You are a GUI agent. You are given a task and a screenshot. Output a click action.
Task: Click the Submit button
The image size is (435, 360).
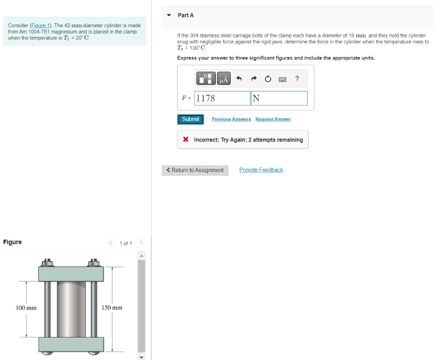click(x=190, y=119)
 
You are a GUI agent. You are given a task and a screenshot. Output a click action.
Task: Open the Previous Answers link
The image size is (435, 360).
click(x=231, y=119)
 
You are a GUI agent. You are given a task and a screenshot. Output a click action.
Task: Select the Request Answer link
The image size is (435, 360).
click(x=273, y=119)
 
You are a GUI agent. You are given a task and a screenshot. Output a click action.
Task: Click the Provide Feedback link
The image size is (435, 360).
click(x=261, y=170)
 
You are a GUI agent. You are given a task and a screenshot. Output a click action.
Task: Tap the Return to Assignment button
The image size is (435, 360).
click(x=195, y=170)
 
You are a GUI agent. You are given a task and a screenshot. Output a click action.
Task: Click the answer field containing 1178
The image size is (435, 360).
click(x=222, y=98)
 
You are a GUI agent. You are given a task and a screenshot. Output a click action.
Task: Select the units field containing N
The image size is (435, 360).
click(x=279, y=98)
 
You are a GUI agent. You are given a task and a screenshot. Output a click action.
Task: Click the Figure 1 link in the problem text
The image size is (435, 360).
click(x=41, y=26)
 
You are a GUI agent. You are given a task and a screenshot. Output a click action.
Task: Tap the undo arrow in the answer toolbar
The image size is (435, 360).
click(x=239, y=79)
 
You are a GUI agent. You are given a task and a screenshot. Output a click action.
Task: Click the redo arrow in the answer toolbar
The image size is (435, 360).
click(x=254, y=79)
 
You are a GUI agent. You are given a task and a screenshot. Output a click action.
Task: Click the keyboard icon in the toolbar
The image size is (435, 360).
click(x=282, y=79)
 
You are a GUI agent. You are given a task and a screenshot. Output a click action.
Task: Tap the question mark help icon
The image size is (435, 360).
click(x=297, y=79)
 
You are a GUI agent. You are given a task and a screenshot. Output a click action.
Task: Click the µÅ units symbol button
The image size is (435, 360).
click(x=224, y=79)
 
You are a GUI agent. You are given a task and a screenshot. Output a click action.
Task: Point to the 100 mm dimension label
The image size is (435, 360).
click(x=26, y=307)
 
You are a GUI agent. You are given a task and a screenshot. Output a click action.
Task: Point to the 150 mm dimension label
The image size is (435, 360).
click(x=112, y=307)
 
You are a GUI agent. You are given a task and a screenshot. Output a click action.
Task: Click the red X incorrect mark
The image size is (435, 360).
click(x=186, y=139)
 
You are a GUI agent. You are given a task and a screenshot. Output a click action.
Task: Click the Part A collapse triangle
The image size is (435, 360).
click(x=169, y=15)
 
